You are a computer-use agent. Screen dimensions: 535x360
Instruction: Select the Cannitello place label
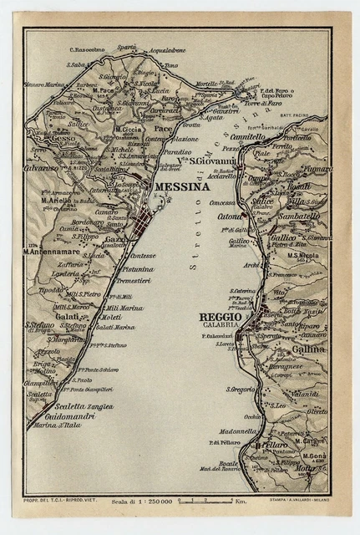247,137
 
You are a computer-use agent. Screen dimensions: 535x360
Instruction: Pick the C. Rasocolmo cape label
92,49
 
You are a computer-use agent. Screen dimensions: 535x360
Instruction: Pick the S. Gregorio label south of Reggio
242,390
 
